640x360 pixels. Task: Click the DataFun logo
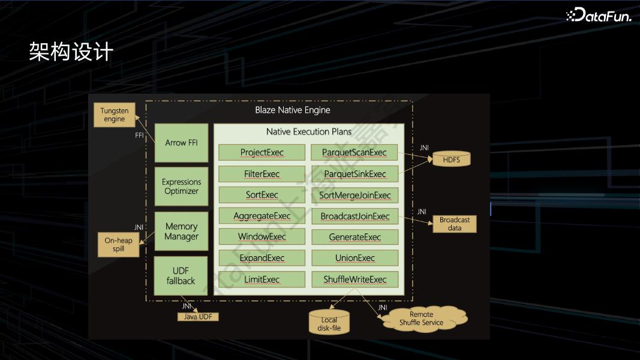(599, 14)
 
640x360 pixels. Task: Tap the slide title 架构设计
(71, 52)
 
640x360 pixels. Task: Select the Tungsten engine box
(115, 115)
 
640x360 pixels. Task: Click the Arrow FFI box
(181, 143)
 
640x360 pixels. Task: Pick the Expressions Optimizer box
(181, 187)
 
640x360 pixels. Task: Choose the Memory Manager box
(181, 231)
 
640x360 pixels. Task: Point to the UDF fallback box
(181, 276)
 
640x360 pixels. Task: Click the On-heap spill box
(118, 244)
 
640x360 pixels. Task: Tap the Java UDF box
(198, 317)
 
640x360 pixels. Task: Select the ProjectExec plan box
(262, 152)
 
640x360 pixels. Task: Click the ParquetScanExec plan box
(354, 152)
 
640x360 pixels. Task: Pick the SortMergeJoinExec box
(354, 195)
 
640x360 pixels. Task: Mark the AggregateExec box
(262, 215)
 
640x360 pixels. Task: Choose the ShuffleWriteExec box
(354, 279)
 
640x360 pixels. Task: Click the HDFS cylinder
(452, 159)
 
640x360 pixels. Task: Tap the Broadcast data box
(455, 224)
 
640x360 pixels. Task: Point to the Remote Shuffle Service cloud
(422, 319)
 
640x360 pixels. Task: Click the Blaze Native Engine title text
(293, 110)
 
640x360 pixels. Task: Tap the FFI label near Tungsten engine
(139, 135)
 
